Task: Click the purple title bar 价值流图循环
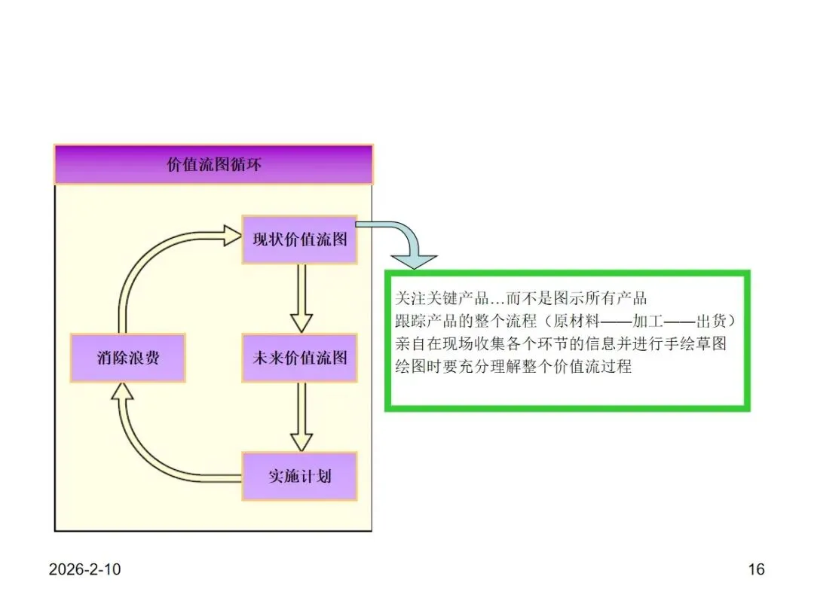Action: [213, 164]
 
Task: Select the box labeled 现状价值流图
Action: [299, 240]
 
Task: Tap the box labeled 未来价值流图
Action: [299, 358]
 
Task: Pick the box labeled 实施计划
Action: [299, 476]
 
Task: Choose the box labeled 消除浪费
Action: [127, 358]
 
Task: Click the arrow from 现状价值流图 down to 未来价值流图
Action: [301, 298]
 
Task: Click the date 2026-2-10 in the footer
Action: [84, 569]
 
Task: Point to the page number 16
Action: [756, 569]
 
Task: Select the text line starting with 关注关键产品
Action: [521, 297]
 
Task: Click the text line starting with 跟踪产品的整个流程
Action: [565, 321]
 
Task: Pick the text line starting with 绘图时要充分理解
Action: [513, 368]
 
